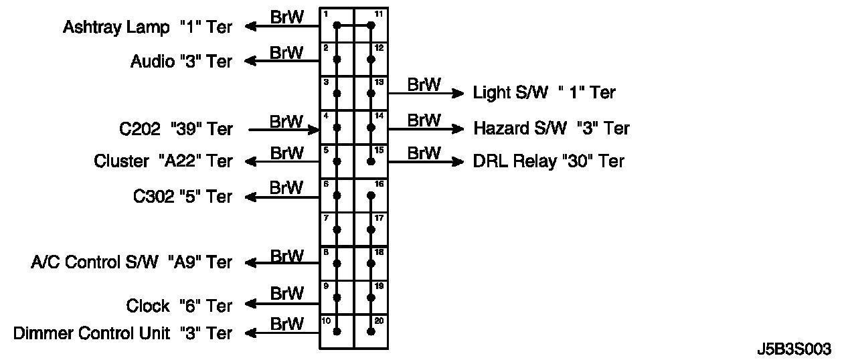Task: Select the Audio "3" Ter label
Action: click(x=181, y=62)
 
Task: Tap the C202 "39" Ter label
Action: click(x=176, y=128)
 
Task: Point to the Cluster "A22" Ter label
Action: click(x=163, y=161)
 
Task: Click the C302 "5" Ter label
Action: click(x=182, y=197)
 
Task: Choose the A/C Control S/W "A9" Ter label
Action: click(x=131, y=262)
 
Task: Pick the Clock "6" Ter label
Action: click(x=179, y=306)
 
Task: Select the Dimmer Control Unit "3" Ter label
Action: click(x=122, y=333)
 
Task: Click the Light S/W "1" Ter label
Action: click(x=544, y=92)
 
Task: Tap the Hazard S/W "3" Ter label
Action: click(x=552, y=128)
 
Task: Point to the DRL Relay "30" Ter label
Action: click(x=548, y=161)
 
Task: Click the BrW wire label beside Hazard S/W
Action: click(x=424, y=120)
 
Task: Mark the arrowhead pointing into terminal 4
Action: click(x=314, y=128)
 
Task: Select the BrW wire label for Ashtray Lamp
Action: click(x=286, y=17)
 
